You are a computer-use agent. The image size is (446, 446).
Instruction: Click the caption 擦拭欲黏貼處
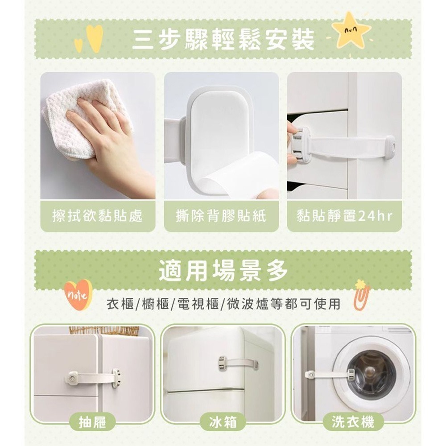click(98, 216)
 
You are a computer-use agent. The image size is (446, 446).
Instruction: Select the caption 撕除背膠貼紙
click(221, 216)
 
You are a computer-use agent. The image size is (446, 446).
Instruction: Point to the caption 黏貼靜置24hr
click(344, 216)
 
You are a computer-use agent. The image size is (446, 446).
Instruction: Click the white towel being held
click(85, 114)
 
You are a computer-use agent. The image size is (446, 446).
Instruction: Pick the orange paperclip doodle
click(362, 294)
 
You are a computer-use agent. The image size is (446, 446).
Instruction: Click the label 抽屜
click(92, 421)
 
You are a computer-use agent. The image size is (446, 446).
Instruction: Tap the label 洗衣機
click(353, 421)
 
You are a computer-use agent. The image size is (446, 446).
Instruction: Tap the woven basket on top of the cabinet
click(104, 330)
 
